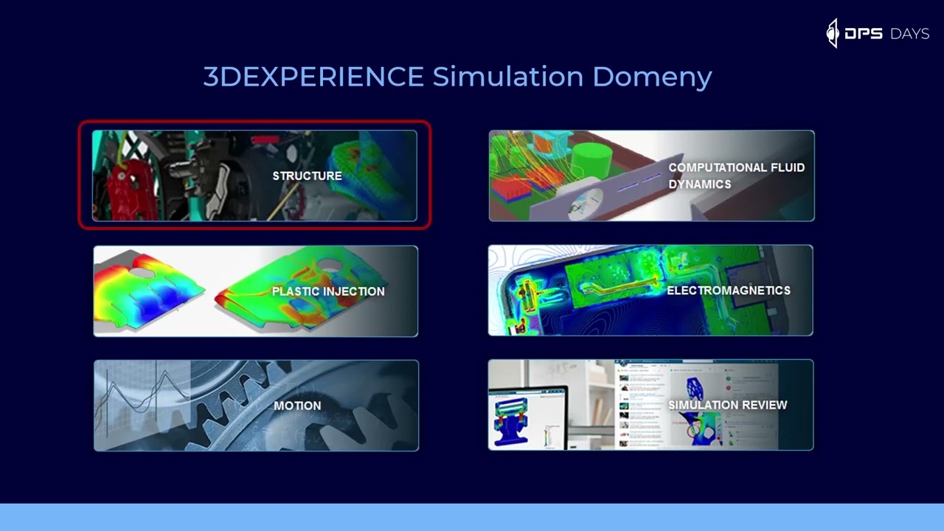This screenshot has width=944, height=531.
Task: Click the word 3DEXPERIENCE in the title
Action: [313, 77]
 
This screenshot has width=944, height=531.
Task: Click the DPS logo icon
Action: [833, 33]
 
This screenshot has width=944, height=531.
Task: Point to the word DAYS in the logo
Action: [909, 34]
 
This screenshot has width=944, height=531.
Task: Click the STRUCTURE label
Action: [307, 176]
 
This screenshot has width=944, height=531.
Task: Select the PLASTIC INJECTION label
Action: [328, 291]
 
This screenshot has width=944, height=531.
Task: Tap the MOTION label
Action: [297, 406]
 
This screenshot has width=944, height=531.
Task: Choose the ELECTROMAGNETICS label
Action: [728, 291]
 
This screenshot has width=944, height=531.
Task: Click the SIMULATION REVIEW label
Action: [727, 405]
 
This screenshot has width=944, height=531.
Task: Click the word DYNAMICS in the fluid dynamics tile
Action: [699, 184]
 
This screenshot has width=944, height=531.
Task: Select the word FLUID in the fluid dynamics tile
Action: [786, 167]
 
